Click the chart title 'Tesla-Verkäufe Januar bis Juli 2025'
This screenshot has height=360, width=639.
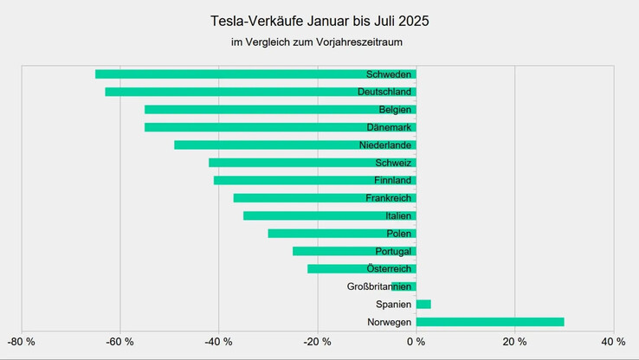tap(319, 20)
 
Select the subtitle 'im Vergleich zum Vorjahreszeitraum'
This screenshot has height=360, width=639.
tap(319, 42)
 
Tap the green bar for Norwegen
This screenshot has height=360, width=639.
tap(489, 322)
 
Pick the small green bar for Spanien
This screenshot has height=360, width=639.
tap(423, 304)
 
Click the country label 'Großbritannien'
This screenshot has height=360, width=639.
tap(379, 286)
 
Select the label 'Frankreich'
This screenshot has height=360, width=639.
tap(388, 198)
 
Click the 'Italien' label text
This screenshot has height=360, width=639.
tap(398, 215)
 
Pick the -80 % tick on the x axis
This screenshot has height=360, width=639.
tap(21, 342)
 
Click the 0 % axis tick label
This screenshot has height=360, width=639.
tap(416, 342)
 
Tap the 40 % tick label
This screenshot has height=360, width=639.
tap(614, 342)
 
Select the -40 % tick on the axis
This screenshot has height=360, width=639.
tap(218, 342)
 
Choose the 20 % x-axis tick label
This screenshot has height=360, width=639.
tap(515, 342)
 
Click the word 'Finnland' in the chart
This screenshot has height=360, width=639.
tap(391, 180)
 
